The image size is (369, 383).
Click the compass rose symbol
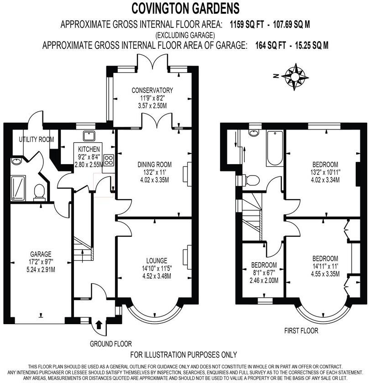[295, 76]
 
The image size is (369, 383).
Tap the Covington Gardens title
[185, 8]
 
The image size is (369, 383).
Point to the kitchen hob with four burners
[109, 160]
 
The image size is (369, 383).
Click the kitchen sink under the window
[88, 135]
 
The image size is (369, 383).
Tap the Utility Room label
[37, 139]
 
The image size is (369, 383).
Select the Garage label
[41, 254]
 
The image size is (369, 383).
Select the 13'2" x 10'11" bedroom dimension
[325, 172]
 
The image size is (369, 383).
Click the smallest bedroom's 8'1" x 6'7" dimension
[264, 273]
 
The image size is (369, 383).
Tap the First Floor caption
[301, 331]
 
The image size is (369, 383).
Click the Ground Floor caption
[111, 344]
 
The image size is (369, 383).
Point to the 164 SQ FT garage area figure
[266, 45]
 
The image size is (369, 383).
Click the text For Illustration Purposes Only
[184, 355]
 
